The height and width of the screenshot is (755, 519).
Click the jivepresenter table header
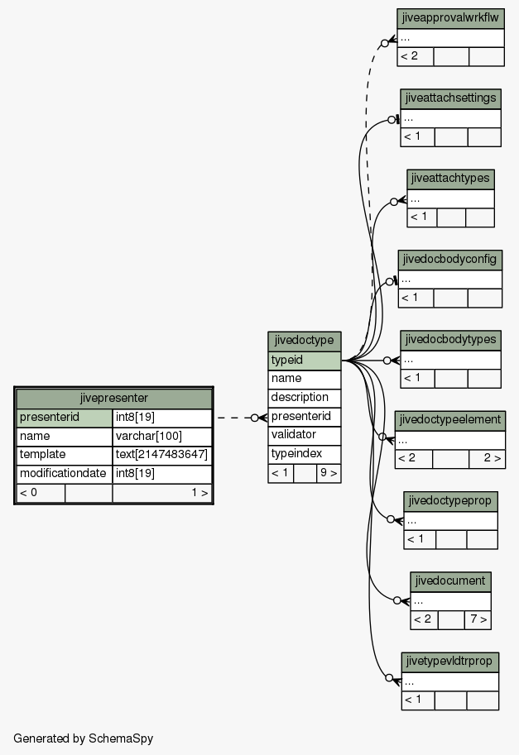pos(113,399)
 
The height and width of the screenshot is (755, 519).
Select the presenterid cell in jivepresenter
pos(65,418)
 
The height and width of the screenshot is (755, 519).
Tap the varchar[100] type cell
pos(162,437)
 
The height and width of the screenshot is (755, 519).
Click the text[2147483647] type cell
pos(162,455)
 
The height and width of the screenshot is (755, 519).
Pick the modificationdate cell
pos(65,473)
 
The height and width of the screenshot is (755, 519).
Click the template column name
pos(65,455)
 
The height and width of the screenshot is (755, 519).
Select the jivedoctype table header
pos(305,341)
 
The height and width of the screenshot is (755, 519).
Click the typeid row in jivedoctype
pos(305,361)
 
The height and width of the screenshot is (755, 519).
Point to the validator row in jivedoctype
pos(305,435)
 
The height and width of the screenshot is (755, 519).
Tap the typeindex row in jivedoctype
pos(305,453)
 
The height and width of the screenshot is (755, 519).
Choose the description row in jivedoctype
pos(305,398)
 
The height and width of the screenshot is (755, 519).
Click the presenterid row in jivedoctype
pos(305,416)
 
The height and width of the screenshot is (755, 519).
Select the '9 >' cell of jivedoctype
pos(329,473)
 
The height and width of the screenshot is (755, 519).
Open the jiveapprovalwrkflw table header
pos(450,18)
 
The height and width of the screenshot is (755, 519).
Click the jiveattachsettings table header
pos(450,98)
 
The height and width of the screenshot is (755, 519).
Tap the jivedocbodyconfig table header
pos(450,260)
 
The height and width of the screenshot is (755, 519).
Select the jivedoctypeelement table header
pos(450,420)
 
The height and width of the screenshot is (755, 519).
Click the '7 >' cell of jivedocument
pos(478,619)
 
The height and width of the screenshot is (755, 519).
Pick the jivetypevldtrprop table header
pos(450,662)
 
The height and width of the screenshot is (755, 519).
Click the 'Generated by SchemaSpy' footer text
pos(84,738)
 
